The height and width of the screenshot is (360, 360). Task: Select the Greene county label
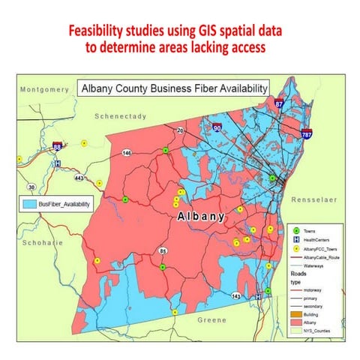click(211, 319)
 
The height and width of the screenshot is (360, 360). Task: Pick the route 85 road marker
click(163, 250)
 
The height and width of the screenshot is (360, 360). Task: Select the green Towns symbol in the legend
click(298, 232)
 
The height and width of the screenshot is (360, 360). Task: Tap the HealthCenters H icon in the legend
click(298, 240)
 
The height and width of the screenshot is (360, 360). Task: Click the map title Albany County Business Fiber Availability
click(174, 88)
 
